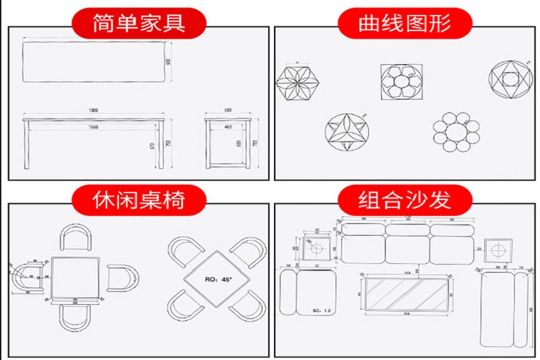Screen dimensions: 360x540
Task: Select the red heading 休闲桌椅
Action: [138, 201]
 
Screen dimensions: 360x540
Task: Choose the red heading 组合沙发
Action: [405, 201]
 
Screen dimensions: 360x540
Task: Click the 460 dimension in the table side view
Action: [227, 126]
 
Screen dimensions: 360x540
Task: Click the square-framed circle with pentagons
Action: [402, 83]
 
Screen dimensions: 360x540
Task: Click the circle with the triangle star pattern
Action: [348, 132]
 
